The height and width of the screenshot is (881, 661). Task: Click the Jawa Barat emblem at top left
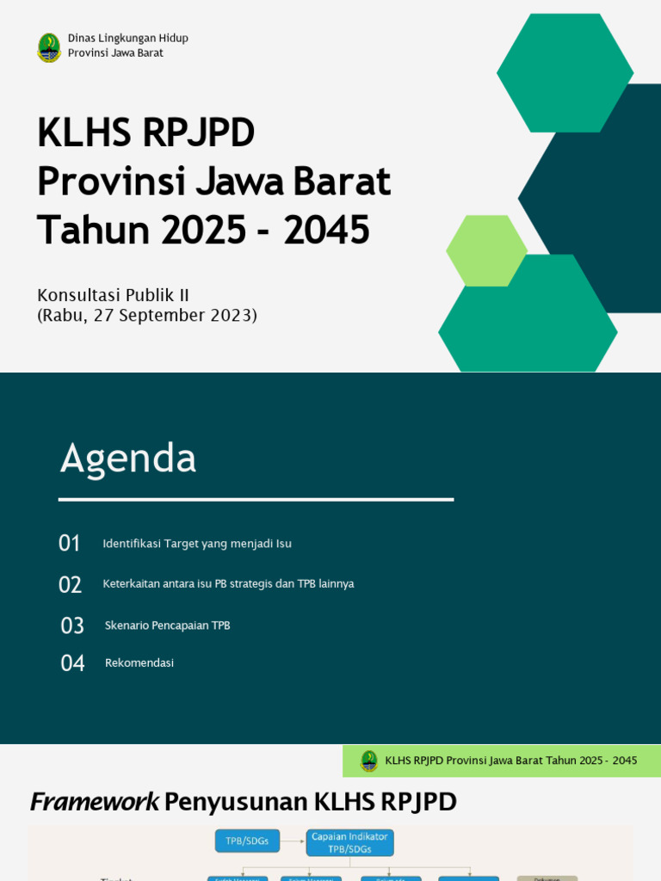[x=49, y=47]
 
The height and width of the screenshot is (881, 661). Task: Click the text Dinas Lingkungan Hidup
[x=128, y=38]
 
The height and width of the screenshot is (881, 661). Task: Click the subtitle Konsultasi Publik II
[x=113, y=295]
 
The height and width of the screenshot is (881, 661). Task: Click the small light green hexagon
[x=486, y=250]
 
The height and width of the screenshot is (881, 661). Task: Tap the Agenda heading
[x=128, y=458]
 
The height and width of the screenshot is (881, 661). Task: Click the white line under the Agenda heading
[x=256, y=499]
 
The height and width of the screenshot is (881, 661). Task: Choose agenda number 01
[x=70, y=544]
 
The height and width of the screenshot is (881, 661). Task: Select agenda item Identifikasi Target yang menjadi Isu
[x=197, y=544]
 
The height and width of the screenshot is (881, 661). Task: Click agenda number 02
[x=71, y=585]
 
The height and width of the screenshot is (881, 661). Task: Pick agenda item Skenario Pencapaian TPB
[x=167, y=625]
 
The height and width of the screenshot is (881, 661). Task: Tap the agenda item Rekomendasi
[x=139, y=663]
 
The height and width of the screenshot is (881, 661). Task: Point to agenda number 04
[x=72, y=663]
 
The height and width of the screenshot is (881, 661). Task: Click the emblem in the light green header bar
[x=369, y=761]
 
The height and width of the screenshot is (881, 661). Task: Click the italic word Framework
[x=94, y=802]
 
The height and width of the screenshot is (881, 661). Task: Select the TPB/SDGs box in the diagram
[x=247, y=841]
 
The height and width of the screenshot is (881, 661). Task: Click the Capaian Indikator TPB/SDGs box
[x=349, y=842]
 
